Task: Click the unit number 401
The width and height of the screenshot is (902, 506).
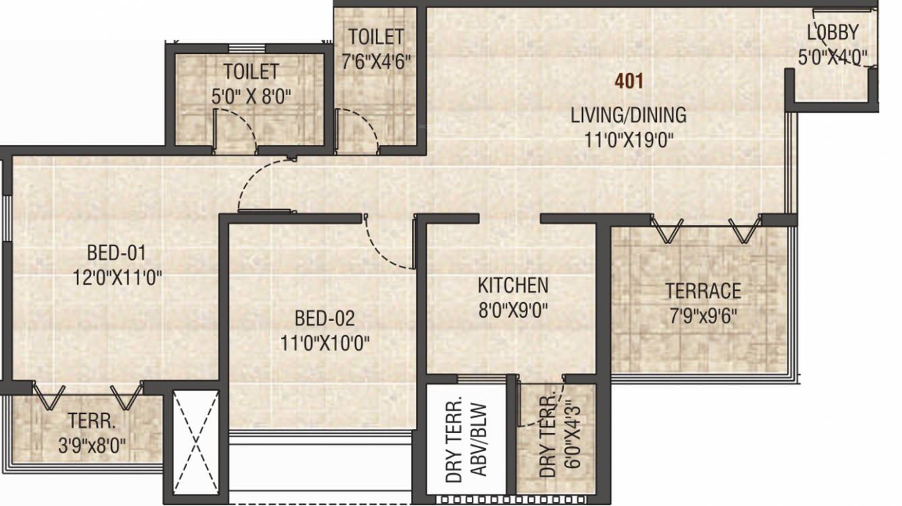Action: click(x=629, y=81)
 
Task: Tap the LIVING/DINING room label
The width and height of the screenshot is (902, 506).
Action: click(x=629, y=115)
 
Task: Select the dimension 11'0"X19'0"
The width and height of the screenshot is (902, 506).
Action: click(x=629, y=141)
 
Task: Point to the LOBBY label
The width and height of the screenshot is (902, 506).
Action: click(x=833, y=32)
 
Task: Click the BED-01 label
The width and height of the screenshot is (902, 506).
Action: click(x=116, y=253)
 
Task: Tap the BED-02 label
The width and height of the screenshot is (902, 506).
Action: click(x=324, y=318)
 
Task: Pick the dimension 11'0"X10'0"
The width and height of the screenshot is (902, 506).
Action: click(x=324, y=343)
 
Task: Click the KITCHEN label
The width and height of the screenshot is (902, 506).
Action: click(x=513, y=285)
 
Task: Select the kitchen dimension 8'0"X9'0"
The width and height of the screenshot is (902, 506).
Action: click(x=513, y=310)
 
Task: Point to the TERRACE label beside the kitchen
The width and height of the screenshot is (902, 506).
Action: click(x=703, y=291)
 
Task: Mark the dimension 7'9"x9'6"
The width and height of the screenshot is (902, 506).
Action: click(x=703, y=316)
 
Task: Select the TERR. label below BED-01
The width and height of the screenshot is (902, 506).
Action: click(x=92, y=421)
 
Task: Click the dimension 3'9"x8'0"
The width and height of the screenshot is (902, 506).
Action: click(x=92, y=445)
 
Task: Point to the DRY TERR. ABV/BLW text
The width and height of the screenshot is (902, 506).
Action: click(x=466, y=440)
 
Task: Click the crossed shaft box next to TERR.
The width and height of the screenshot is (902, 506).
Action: click(x=196, y=442)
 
